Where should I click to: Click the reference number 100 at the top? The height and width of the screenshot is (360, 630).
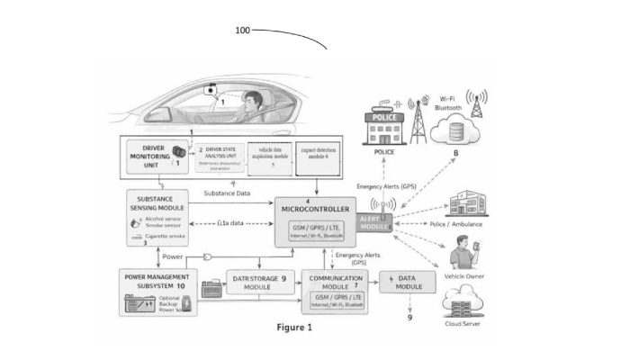click(243, 31)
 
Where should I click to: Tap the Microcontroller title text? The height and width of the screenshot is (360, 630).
click(314, 209)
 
